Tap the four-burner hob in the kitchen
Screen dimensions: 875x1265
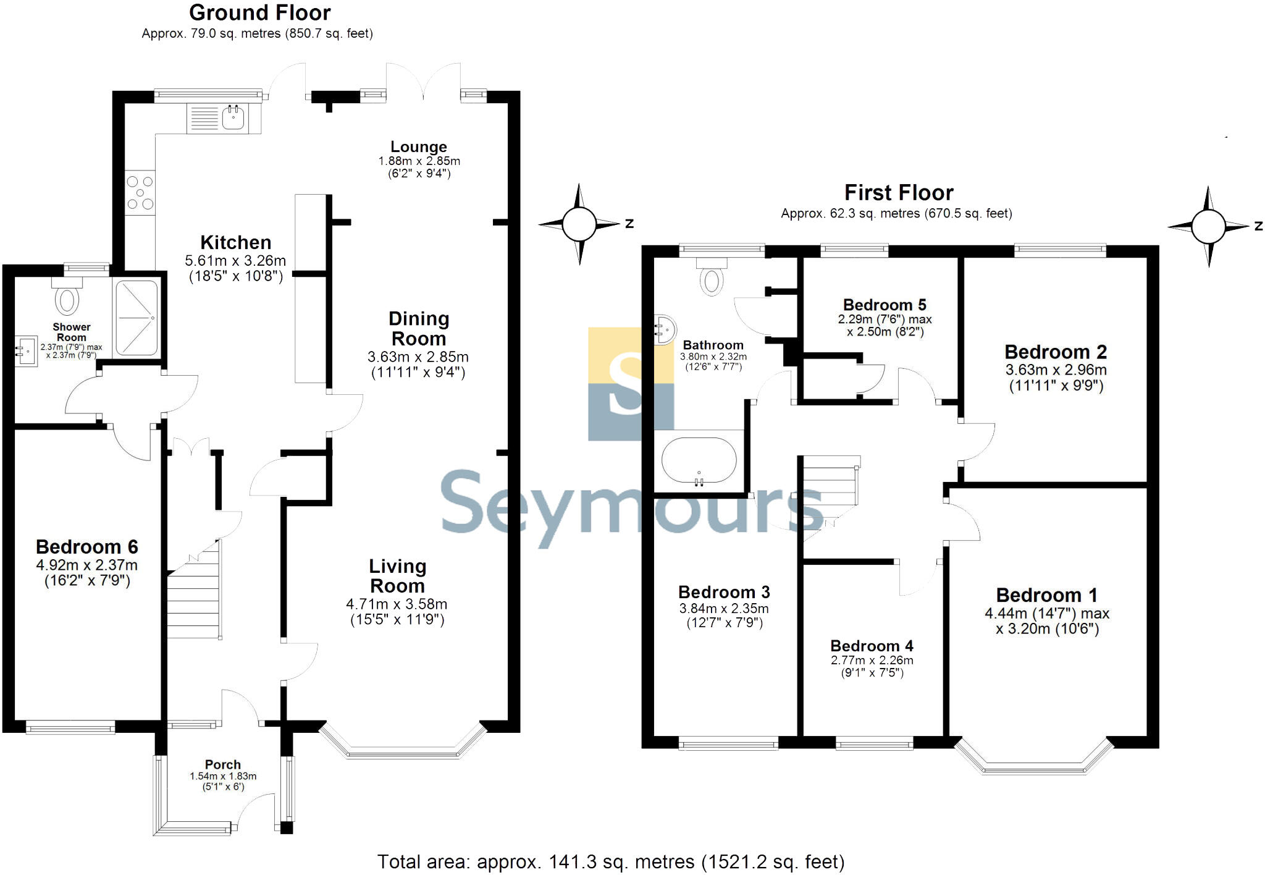coord(140,193)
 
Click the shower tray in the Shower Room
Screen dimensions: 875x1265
coord(137,318)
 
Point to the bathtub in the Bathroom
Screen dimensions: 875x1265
coord(699,461)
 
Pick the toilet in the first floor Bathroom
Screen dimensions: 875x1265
coord(712,279)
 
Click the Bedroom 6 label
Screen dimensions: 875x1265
coord(87,547)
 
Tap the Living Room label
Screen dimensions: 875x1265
coord(397,576)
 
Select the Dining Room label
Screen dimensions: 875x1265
coord(419,329)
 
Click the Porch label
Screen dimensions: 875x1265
coord(223,764)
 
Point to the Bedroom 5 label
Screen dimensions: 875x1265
coord(885,305)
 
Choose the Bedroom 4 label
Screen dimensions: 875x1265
coord(872,646)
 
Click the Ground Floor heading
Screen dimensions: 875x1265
coord(259,12)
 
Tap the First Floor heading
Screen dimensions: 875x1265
coord(899,193)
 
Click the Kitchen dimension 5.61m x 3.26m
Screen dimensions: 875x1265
coord(235,261)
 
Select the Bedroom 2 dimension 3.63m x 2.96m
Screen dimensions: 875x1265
coord(1056,370)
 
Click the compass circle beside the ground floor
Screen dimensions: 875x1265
coord(579,224)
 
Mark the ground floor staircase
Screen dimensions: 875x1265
coord(194,593)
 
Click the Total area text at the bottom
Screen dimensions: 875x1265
coord(610,861)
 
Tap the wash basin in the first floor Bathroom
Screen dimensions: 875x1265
coord(665,329)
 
